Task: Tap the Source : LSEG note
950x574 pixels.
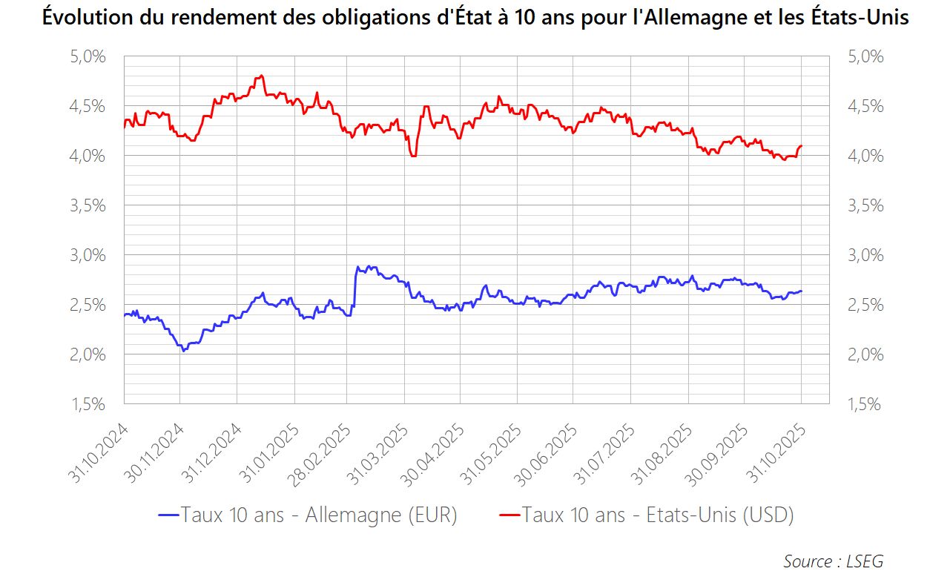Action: pyautogui.click(x=833, y=561)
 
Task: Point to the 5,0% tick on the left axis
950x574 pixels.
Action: pyautogui.click(x=88, y=56)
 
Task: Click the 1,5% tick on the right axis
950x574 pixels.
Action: pyautogui.click(x=865, y=404)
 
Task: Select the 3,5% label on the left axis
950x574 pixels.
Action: pyautogui.click(x=88, y=205)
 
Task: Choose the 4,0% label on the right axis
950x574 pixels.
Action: pyautogui.click(x=865, y=156)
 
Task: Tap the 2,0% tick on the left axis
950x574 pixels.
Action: pyautogui.click(x=88, y=354)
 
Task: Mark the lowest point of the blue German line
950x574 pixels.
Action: pyautogui.click(x=183, y=350)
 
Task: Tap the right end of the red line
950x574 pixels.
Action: pyautogui.click(x=801, y=146)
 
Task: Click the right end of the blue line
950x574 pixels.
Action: pyautogui.click(x=801, y=291)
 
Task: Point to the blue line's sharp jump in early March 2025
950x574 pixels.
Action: pyautogui.click(x=355, y=286)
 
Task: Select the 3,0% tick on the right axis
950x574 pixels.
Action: pyautogui.click(x=865, y=255)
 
